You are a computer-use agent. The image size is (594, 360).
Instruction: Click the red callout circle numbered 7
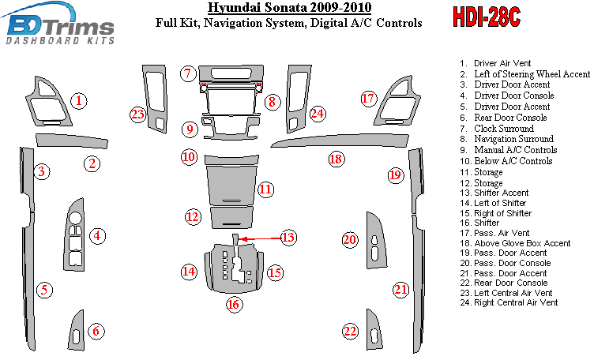click(188, 73)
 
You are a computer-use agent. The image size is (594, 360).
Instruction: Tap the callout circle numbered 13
click(288, 238)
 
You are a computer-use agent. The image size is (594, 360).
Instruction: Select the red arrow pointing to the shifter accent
click(261, 239)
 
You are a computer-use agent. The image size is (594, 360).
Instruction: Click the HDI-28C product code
click(487, 17)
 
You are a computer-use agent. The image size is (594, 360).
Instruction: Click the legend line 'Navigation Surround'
click(507, 139)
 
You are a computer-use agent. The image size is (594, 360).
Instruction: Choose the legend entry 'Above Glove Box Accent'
click(515, 243)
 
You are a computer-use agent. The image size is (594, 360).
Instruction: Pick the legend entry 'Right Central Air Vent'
click(509, 302)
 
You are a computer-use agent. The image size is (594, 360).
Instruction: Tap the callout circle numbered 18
click(336, 159)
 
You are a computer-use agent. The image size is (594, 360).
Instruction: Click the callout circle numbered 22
click(350, 332)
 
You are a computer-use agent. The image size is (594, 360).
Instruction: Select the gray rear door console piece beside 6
click(78, 331)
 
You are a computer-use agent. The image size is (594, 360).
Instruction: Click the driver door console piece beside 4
click(74, 234)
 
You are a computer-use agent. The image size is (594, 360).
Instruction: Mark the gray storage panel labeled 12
click(232, 217)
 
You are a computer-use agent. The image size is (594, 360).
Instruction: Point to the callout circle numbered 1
click(79, 101)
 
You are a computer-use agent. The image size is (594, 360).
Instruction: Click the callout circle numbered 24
click(318, 113)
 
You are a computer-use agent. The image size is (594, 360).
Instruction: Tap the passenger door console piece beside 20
click(376, 241)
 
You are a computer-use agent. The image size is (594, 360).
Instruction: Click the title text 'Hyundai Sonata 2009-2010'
click(290, 8)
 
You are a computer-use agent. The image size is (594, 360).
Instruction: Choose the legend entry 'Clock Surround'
click(497, 129)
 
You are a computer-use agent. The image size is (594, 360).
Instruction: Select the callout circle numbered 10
click(189, 157)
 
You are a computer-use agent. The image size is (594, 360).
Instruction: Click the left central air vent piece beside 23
click(155, 99)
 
